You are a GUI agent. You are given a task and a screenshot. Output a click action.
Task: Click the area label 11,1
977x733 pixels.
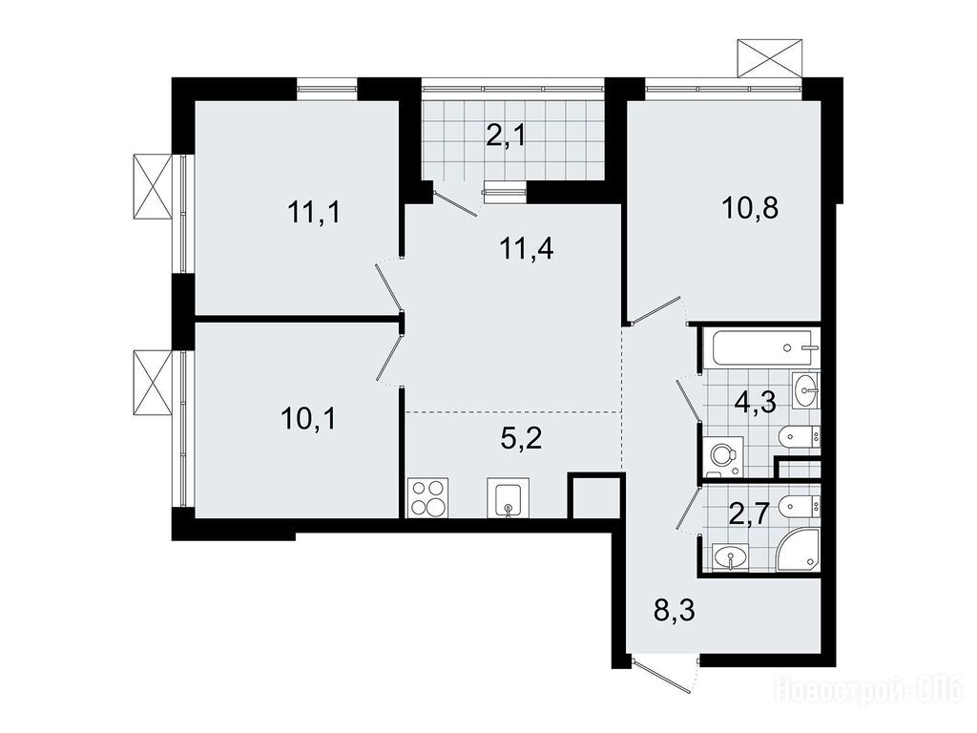click(x=314, y=213)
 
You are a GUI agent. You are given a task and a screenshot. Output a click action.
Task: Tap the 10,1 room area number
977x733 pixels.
click(x=308, y=418)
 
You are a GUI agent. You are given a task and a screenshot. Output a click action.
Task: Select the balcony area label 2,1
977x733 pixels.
click(x=506, y=135)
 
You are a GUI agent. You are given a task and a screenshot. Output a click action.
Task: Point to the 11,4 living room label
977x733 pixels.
click(x=527, y=249)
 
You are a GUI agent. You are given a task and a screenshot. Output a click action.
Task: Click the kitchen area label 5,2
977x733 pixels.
click(x=522, y=439)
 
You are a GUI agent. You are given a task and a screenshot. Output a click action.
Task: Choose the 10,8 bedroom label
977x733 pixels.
click(x=750, y=208)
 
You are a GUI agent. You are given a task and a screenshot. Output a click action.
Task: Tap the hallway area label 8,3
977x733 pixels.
click(x=675, y=610)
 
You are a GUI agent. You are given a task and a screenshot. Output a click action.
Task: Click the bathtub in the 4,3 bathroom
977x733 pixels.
click(x=761, y=347)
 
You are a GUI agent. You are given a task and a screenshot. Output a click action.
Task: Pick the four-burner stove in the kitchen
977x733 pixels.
click(x=427, y=497)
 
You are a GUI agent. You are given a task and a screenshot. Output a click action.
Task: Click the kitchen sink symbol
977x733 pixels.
click(x=509, y=498)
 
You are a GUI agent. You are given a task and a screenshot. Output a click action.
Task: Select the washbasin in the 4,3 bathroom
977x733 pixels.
click(x=807, y=390)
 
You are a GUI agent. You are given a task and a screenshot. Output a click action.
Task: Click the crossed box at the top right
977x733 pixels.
click(x=770, y=58)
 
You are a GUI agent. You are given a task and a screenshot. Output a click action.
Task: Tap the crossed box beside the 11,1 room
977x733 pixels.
click(x=153, y=186)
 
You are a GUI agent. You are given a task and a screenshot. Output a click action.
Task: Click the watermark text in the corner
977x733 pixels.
click(x=868, y=692)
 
